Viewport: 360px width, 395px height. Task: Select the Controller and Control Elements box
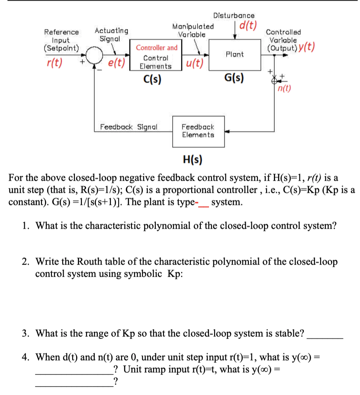(x=156, y=57)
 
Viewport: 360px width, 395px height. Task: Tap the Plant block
(x=234, y=54)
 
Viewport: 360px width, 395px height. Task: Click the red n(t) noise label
(x=284, y=89)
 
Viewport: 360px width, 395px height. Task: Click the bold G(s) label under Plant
(x=234, y=78)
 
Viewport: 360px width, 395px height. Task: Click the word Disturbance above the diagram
(x=234, y=16)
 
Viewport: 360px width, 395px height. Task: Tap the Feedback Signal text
(x=129, y=127)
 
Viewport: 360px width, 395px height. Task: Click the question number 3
(x=26, y=333)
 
